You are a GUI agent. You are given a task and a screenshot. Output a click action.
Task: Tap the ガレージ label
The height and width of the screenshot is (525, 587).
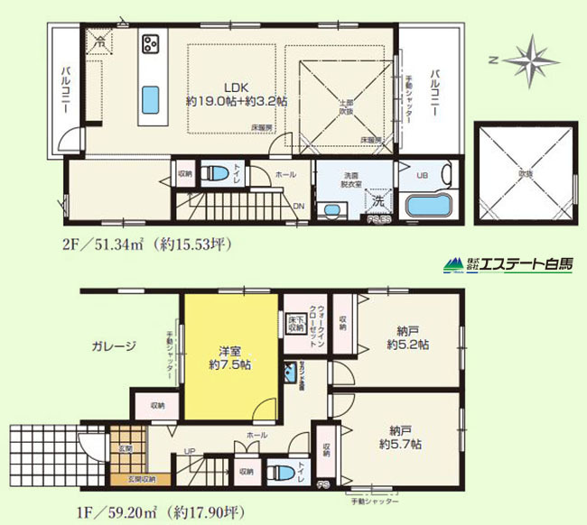click(x=113, y=345)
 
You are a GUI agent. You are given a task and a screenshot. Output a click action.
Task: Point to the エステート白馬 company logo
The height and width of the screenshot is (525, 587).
click(x=508, y=265)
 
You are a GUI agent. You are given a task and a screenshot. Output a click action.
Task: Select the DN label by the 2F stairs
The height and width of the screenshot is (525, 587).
click(x=299, y=205)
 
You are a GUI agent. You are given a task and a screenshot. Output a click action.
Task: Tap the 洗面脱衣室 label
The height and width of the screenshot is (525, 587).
click(x=349, y=177)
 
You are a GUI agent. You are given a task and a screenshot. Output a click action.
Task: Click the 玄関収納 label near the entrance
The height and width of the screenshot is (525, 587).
click(x=141, y=479)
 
